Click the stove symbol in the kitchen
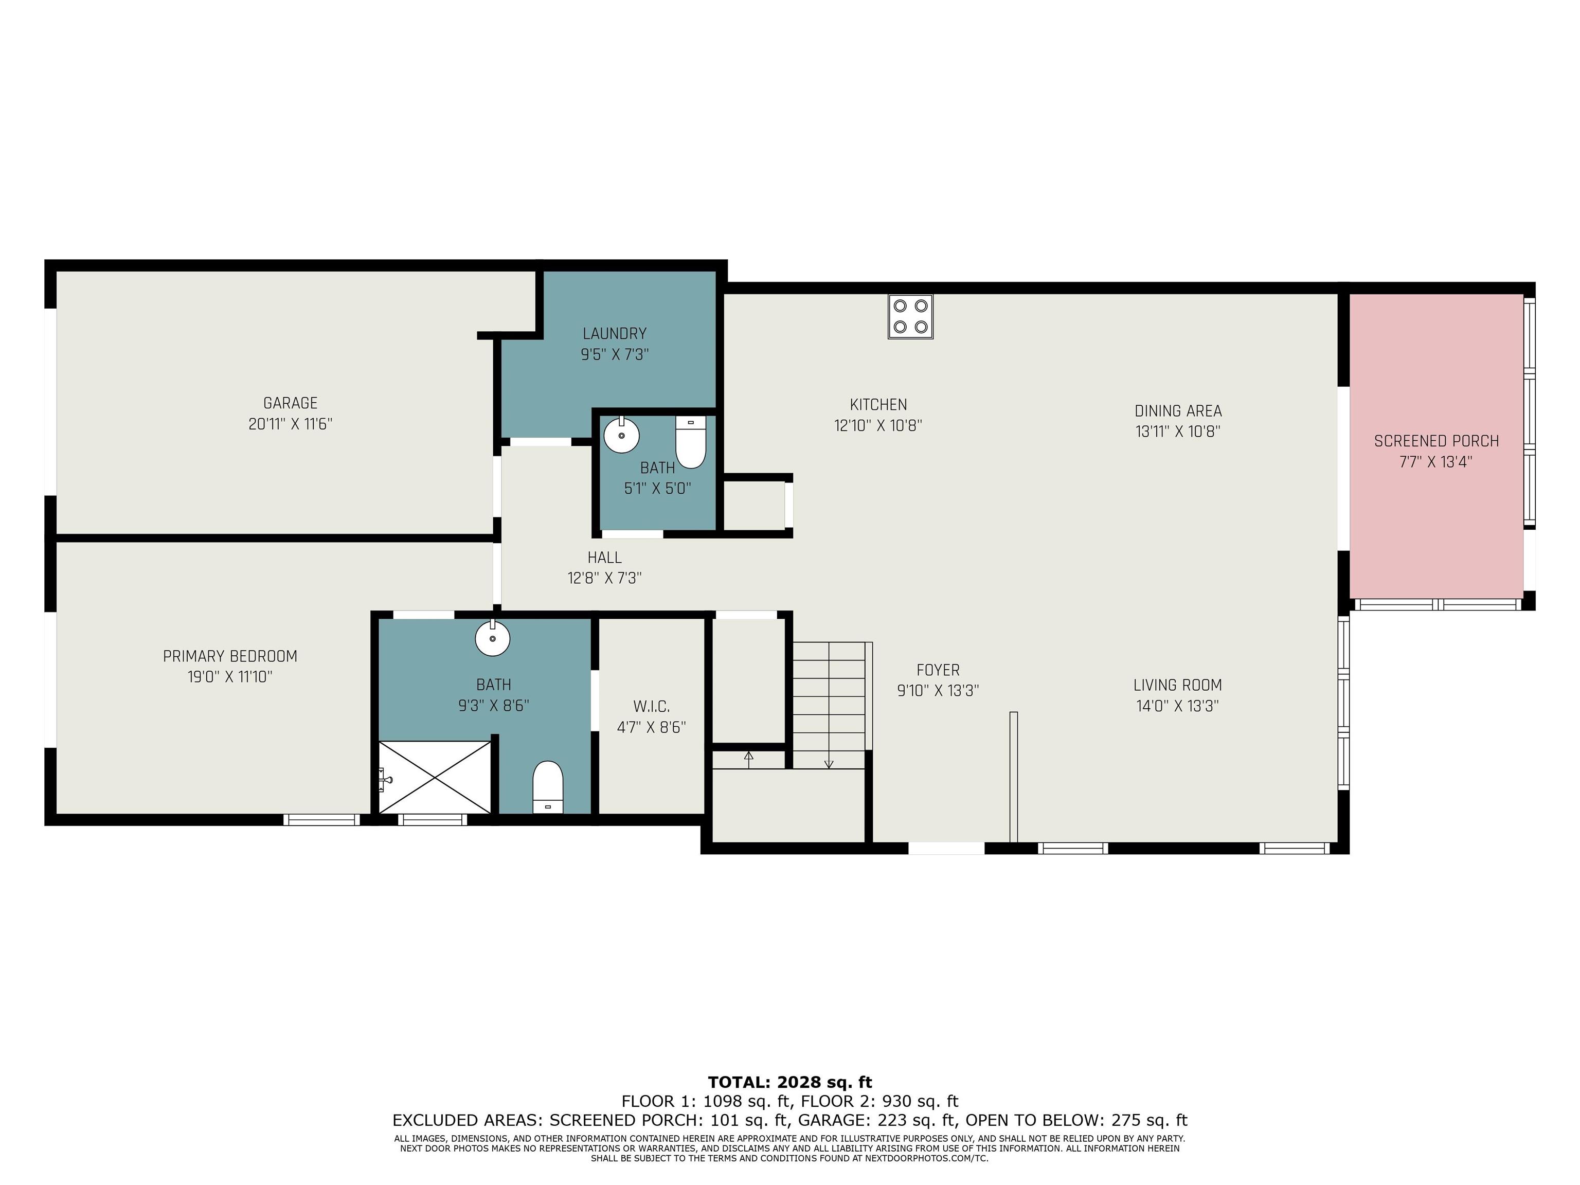tap(911, 316)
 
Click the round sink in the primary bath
tap(493, 638)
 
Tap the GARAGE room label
tap(290, 403)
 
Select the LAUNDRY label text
tap(614, 334)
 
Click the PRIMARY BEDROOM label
tap(230, 656)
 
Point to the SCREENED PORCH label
tap(1437, 441)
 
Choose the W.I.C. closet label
tap(652, 707)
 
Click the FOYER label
tap(938, 670)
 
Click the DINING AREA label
tap(1178, 411)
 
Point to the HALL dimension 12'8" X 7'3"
tap(605, 579)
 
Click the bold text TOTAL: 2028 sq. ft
tap(790, 1082)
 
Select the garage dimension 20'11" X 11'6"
tap(290, 424)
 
